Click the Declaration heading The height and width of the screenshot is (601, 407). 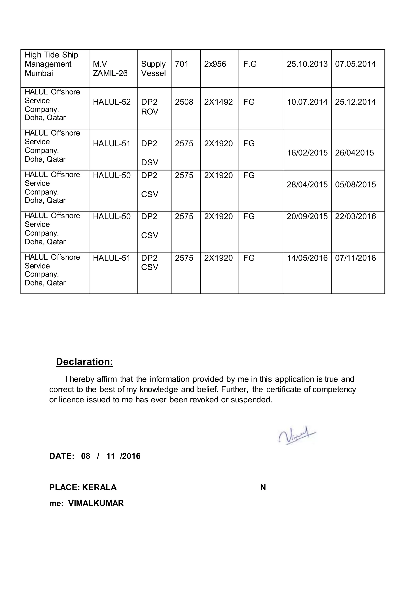[84, 361]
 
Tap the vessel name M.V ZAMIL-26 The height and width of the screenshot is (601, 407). [110, 69]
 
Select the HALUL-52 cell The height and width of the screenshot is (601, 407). [112, 102]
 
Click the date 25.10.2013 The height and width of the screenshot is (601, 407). [307, 64]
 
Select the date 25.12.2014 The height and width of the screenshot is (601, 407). [355, 102]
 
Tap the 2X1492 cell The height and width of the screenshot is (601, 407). [218, 102]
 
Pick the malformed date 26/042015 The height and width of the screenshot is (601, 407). [354, 152]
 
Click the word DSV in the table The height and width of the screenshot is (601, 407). [149, 162]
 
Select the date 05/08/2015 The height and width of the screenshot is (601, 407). [355, 184]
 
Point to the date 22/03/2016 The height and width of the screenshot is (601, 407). [355, 216]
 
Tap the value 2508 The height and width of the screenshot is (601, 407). [184, 102]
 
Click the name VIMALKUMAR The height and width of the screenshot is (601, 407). [96, 503]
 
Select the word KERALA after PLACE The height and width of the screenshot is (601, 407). [99, 487]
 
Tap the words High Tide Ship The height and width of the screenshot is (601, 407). [51, 55]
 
